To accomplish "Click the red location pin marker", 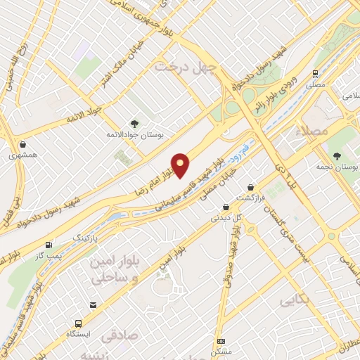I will [x=181, y=165].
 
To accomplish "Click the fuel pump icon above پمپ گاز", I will [x=49, y=245].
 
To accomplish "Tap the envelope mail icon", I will [x=93, y=304].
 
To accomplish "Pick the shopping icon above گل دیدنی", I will [x=226, y=207].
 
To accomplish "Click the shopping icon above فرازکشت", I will [x=251, y=188].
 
